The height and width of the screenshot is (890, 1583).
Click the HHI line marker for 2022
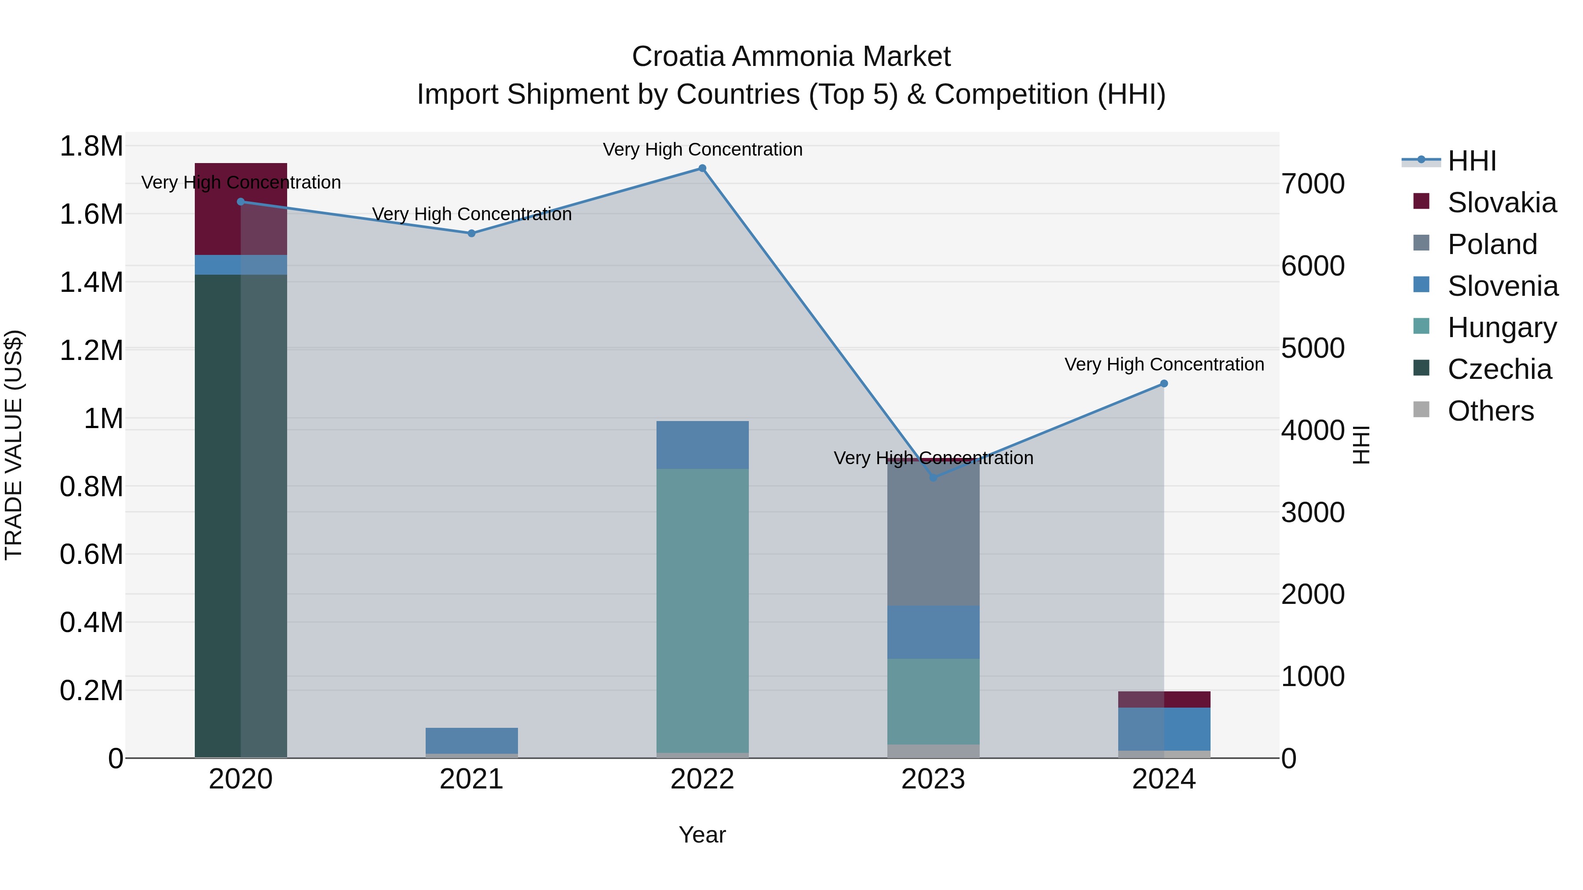pyautogui.click(x=702, y=168)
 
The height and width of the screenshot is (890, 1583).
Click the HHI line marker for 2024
pyautogui.click(x=1164, y=384)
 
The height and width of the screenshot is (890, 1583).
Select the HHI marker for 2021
pyautogui.click(x=471, y=233)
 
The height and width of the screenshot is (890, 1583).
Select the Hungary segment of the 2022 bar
pyautogui.click(x=702, y=611)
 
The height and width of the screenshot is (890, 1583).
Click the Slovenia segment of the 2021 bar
pyautogui.click(x=471, y=741)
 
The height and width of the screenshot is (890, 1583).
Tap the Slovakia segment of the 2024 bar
pyautogui.click(x=1164, y=700)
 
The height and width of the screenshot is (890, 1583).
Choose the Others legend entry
pyautogui.click(x=1490, y=411)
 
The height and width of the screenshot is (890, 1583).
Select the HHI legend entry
pyautogui.click(x=1471, y=161)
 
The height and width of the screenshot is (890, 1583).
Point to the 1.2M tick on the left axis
pyautogui.click(x=91, y=351)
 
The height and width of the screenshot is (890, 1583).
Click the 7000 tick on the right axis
pyautogui.click(x=1313, y=184)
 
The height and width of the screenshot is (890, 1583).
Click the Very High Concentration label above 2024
pyautogui.click(x=1164, y=364)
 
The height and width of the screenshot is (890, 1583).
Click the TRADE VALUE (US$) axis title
pyautogui.click(x=14, y=445)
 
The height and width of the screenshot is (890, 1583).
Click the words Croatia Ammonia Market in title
pyautogui.click(x=791, y=57)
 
